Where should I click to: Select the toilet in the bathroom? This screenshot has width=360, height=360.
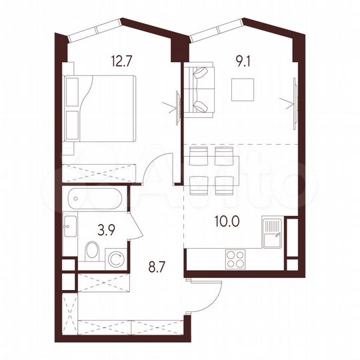93,252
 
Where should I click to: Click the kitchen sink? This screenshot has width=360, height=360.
273,233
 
